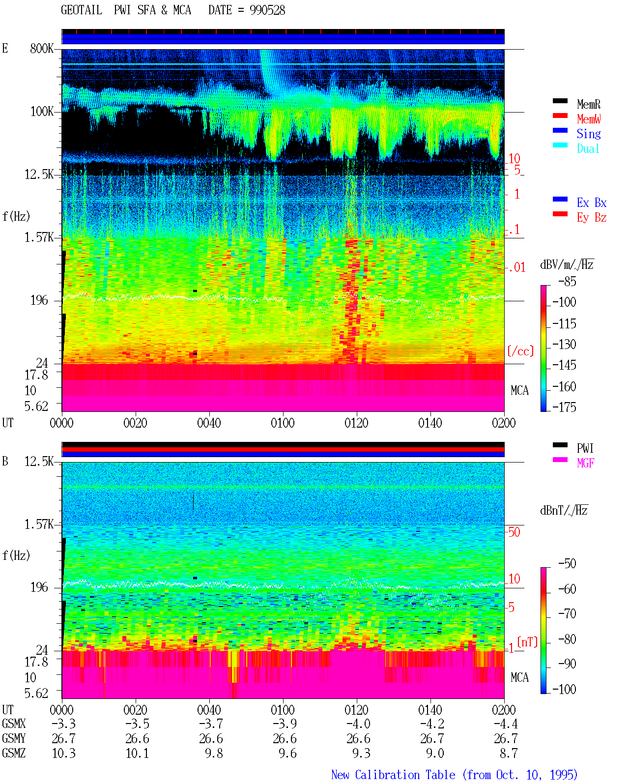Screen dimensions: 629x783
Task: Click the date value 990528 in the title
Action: point(267,10)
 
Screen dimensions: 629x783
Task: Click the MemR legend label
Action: point(589,104)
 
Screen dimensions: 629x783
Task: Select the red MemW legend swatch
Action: point(560,116)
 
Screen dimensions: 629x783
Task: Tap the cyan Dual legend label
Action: point(588,148)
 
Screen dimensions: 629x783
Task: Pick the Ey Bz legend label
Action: point(592,218)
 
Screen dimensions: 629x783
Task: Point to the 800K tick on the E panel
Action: point(42,48)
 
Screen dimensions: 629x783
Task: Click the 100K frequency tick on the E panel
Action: point(42,112)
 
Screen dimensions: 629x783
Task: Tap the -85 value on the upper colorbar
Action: point(567,281)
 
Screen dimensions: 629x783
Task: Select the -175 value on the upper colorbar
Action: point(564,407)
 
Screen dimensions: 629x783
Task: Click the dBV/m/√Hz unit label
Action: point(567,264)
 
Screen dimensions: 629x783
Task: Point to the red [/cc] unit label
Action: point(520,351)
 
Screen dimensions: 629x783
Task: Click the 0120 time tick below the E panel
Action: point(357,423)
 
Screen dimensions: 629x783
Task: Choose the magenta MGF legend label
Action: point(586,463)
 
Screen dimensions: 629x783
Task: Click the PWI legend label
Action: point(585,448)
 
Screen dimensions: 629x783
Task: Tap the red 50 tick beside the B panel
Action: point(514,532)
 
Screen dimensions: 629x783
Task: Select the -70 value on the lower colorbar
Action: point(568,614)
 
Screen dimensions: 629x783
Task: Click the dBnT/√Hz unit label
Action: point(564,511)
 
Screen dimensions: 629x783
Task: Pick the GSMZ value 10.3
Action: point(64,753)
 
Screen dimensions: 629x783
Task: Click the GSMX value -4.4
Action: point(506,724)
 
